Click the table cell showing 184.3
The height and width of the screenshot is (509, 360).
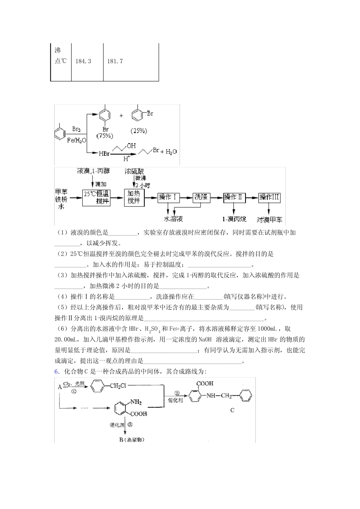83,61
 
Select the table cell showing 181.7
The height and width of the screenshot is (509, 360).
115,61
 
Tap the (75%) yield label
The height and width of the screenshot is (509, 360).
106,135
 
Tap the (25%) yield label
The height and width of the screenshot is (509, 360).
139,131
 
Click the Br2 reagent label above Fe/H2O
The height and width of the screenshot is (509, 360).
77,129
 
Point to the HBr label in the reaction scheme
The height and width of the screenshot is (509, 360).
104,154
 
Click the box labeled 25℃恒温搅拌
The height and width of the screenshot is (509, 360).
96,197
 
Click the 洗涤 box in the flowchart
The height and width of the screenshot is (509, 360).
201,197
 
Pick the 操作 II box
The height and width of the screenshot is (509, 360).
235,197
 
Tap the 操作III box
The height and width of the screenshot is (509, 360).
269,197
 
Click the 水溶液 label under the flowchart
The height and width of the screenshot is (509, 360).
173,219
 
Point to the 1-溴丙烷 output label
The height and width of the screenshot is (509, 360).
234,219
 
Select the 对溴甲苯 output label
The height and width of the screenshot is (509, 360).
269,219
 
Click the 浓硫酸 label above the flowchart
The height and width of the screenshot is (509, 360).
135,172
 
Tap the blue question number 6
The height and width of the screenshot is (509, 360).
56,372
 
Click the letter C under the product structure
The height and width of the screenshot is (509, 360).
233,410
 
